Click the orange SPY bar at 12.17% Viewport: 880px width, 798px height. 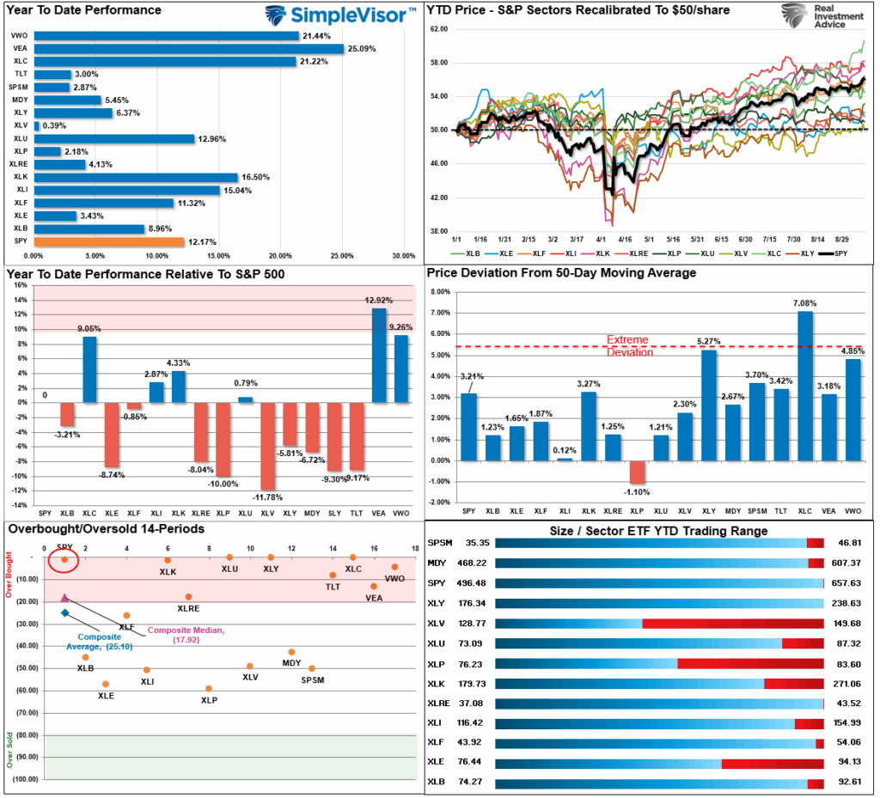point(107,242)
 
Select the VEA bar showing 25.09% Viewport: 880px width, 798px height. point(188,49)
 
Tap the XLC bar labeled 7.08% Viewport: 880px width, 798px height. point(804,386)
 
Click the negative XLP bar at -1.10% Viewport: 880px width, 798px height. point(636,472)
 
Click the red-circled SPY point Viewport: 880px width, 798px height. point(64,560)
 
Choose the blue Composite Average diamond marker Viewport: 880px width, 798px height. point(64,612)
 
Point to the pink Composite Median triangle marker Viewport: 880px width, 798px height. point(64,597)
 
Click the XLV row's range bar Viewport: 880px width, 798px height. point(659,624)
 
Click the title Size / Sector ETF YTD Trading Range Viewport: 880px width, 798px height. point(658,531)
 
